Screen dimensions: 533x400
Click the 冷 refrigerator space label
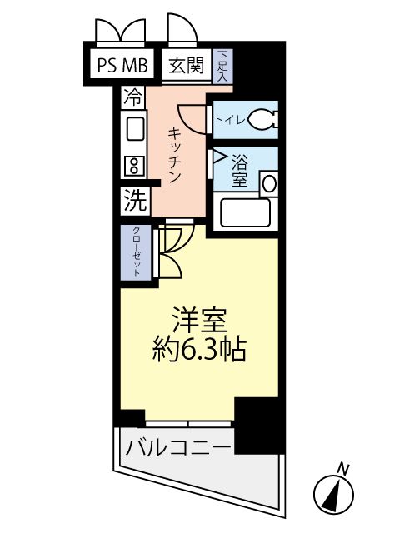(x=132, y=96)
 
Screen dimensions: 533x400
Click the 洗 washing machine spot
(x=134, y=199)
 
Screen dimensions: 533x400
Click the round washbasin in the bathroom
(x=269, y=183)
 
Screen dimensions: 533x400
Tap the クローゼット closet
(x=134, y=252)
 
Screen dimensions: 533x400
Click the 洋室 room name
(x=199, y=320)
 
